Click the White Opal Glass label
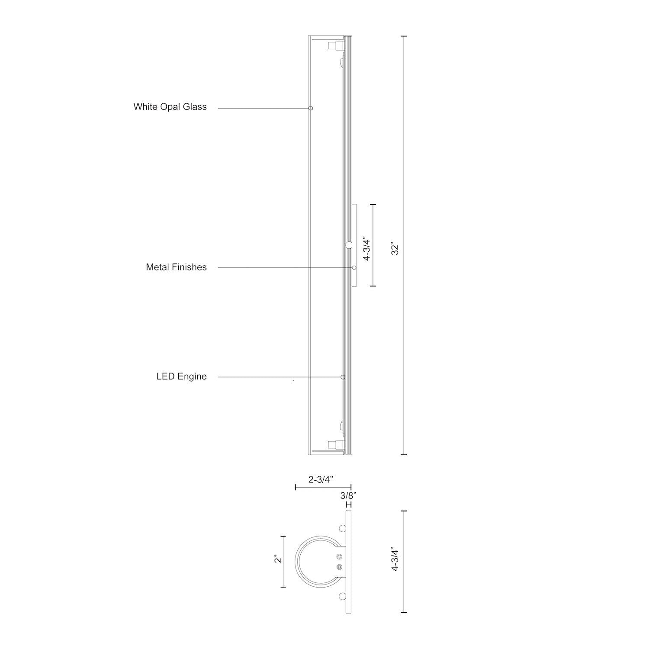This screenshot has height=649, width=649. tap(170, 107)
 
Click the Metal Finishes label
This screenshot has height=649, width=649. tap(176, 267)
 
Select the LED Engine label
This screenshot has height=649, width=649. tap(181, 377)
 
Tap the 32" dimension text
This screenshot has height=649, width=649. tap(395, 250)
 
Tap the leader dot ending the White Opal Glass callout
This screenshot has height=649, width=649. tap(311, 108)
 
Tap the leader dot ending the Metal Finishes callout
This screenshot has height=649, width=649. tap(354, 268)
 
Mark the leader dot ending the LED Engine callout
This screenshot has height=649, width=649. tap(343, 377)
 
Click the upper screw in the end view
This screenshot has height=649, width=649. tap(339, 557)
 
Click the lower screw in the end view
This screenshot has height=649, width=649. tap(339, 566)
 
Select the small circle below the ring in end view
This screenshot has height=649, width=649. tap(343, 596)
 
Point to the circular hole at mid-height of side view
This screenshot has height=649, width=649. tap(349, 245)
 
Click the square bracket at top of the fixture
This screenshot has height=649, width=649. tap(333, 46)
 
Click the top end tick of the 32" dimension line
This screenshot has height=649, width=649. tap(404, 36)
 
